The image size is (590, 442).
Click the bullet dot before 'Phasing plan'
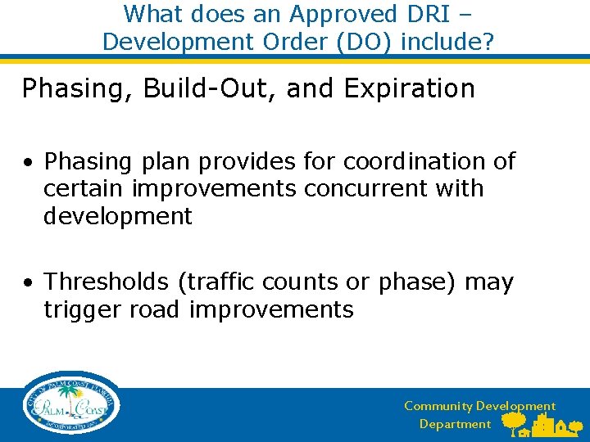[x=28, y=163]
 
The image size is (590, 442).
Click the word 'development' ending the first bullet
[x=118, y=217]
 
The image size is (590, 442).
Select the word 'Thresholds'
[x=106, y=282]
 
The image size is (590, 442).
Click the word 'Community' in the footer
[x=438, y=406]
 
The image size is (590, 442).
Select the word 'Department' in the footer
[x=455, y=424]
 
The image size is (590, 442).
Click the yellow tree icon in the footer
[x=514, y=422]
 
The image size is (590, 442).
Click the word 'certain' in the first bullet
[x=84, y=189]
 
